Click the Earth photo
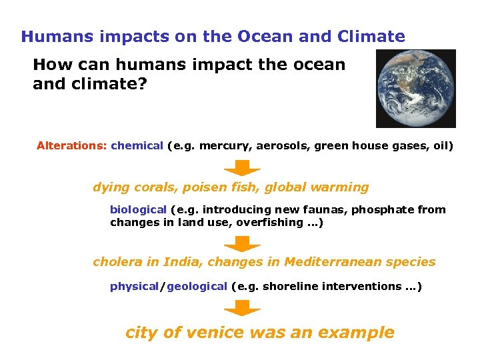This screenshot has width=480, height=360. (415, 88)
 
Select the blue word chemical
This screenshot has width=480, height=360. (137, 145)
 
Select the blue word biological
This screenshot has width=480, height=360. (138, 210)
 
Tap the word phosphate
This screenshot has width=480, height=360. (379, 210)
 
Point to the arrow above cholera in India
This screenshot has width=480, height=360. (242, 243)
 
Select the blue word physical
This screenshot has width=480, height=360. (134, 287)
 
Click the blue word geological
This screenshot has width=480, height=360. (197, 287)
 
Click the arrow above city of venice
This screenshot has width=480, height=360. (242, 308)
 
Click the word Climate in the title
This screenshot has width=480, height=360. (374, 37)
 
